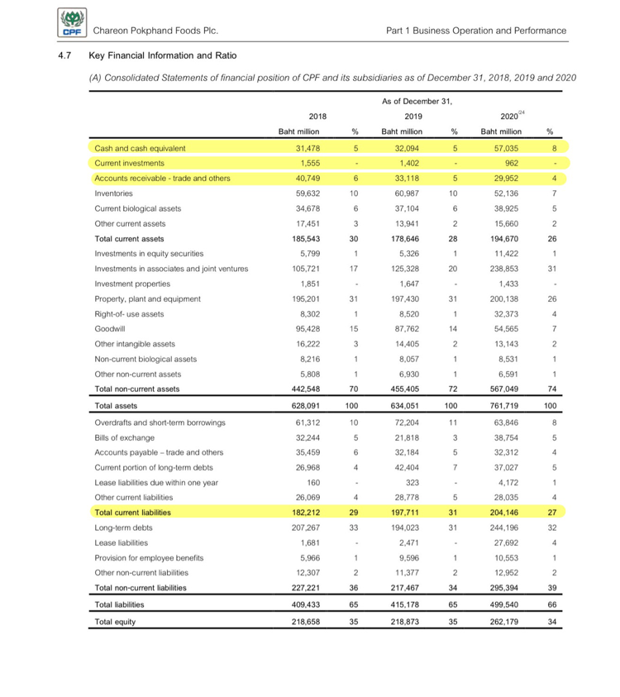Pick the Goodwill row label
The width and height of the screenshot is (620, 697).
pyautogui.click(x=110, y=328)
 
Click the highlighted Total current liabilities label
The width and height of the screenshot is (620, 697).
pyautogui.click(x=137, y=513)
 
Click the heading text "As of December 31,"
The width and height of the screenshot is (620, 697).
pyautogui.click(x=409, y=101)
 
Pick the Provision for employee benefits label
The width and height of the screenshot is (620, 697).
pyautogui.click(x=148, y=557)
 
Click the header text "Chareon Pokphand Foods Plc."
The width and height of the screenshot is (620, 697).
pyautogui.click(x=155, y=31)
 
